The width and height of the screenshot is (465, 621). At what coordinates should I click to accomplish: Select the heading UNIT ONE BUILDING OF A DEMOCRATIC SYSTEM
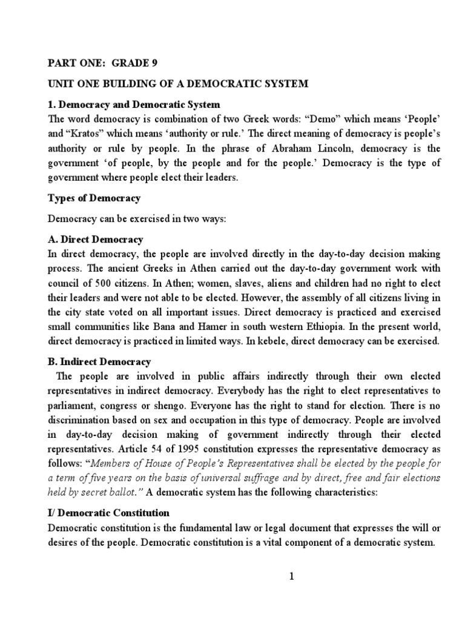coord(178,84)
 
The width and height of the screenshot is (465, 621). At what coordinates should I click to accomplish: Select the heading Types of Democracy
coord(94,199)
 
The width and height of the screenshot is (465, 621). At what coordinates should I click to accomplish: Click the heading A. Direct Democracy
coord(96,240)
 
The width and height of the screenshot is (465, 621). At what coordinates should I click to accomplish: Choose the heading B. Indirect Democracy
coord(99,362)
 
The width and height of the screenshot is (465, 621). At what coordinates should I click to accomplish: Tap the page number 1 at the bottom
coord(291,577)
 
